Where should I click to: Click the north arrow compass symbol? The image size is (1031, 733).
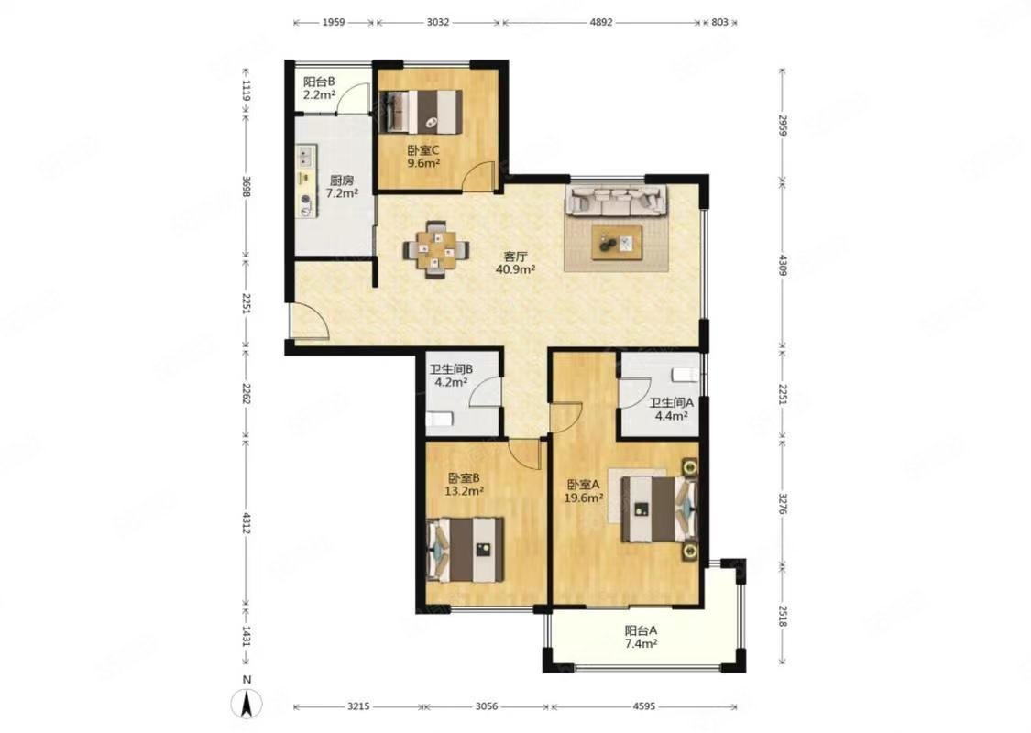(247, 704)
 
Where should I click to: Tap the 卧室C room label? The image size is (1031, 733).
(423, 149)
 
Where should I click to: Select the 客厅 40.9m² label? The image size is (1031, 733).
(515, 262)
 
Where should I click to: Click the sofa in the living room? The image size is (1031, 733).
(617, 201)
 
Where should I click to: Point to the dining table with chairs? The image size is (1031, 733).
(435, 250)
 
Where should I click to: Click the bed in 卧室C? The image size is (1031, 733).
(422, 111)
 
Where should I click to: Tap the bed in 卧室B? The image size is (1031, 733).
(466, 550)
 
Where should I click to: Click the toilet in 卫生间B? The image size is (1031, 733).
(439, 419)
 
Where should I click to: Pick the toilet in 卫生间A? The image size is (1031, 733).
(686, 375)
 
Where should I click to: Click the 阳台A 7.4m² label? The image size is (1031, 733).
(642, 637)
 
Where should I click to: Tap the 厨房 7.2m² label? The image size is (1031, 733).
(342, 187)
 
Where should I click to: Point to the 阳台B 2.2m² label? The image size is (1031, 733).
(320, 88)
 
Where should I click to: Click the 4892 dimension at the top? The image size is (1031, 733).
(601, 22)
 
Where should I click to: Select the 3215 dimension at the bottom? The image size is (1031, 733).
(358, 706)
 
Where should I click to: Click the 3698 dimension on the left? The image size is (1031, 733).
(246, 186)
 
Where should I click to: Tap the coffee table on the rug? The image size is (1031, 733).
(617, 243)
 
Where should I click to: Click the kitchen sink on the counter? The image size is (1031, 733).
(304, 157)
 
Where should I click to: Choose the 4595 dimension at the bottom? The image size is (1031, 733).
(643, 706)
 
